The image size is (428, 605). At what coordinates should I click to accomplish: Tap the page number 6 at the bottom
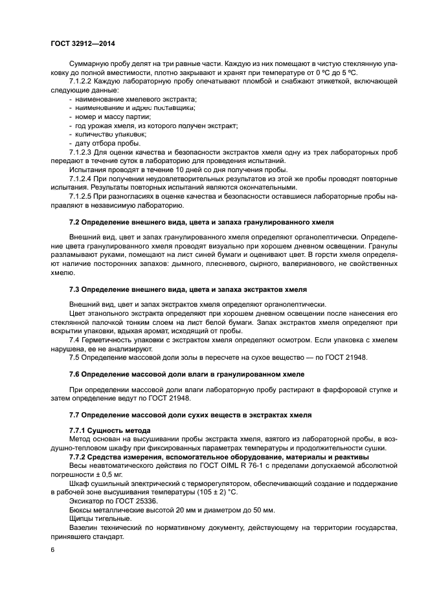[52, 549]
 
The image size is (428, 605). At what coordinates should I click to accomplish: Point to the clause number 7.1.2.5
[82, 196]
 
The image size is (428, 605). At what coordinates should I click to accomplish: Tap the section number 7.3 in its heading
[75, 289]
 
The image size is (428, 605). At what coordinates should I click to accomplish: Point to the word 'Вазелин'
[84, 527]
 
